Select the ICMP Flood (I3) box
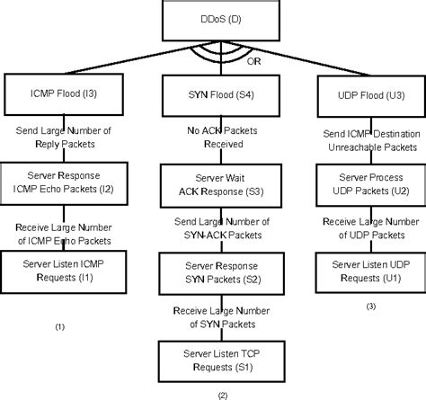(59, 92)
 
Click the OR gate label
(253, 62)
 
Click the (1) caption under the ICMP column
(59, 326)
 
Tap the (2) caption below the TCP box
(222, 394)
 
